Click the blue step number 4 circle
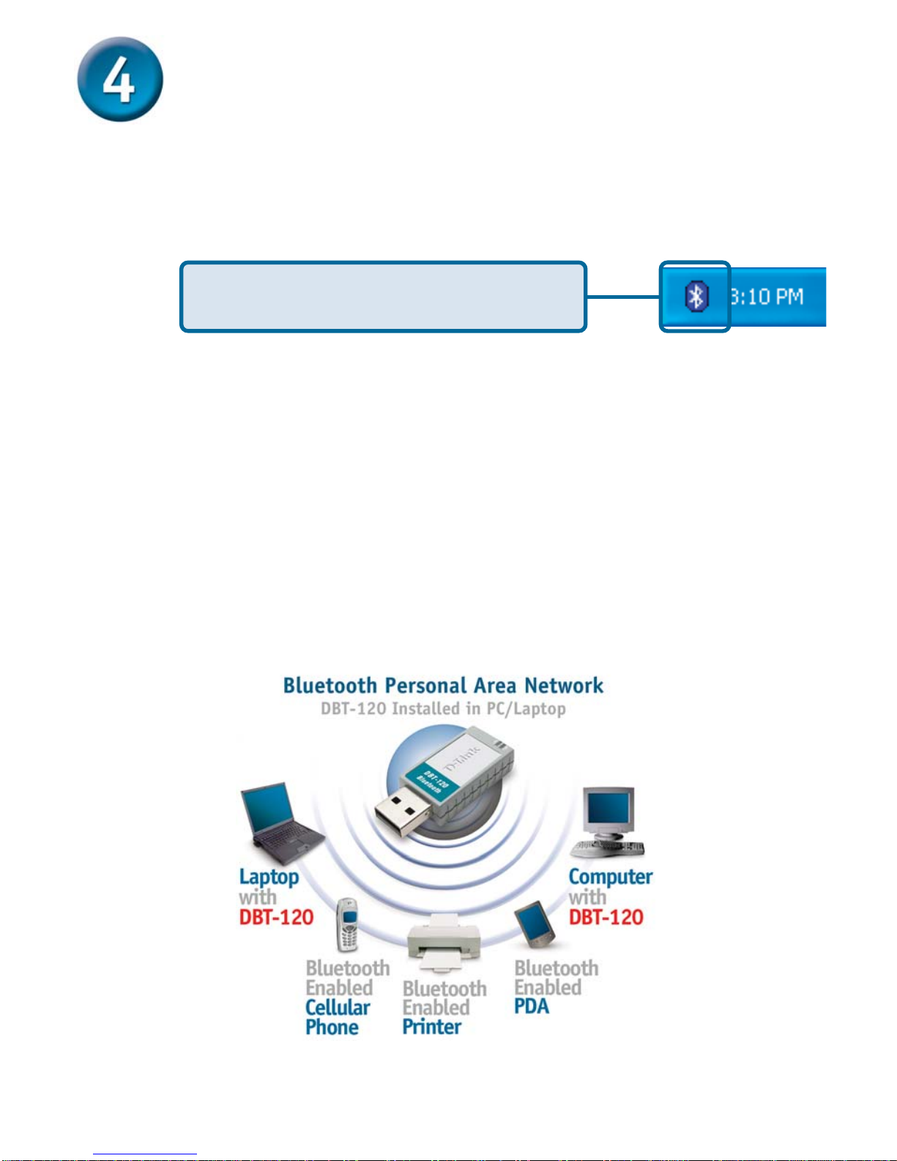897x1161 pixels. pos(120,80)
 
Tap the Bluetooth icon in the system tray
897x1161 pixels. pos(696,297)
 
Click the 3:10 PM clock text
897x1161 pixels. pos(767,297)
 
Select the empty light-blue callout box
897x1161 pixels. pos(383,297)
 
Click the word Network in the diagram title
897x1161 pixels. pos(564,686)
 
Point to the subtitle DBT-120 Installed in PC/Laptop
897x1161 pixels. pos(443,709)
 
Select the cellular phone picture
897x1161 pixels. pos(348,924)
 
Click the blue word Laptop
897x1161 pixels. pos(269,878)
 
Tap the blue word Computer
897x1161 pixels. pos(610,877)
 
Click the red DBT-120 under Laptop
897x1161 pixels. pos(276,917)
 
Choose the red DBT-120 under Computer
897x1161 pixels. pos(606,917)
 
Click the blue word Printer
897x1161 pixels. pos(432,1027)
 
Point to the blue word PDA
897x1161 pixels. pos(532,1006)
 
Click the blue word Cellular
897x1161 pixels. pos(338,1008)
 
